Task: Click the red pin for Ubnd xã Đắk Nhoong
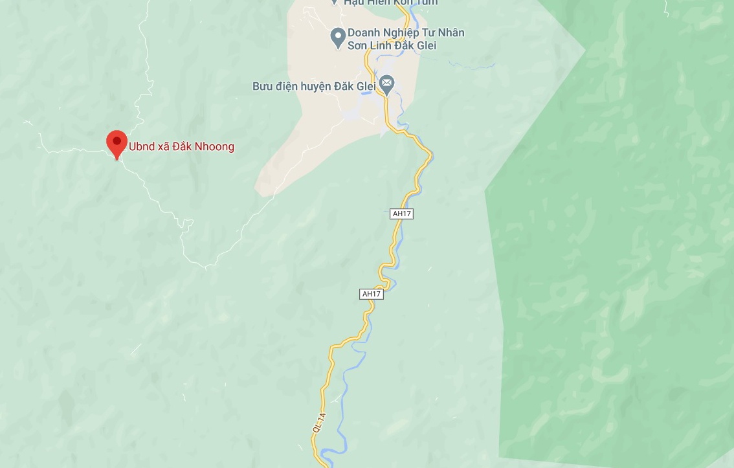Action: coord(117,141)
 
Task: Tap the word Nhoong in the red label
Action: coord(214,147)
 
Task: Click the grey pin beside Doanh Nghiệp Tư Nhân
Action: coord(337,38)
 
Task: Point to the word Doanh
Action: coord(362,32)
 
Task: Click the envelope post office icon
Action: coord(386,83)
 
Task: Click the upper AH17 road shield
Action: coord(401,214)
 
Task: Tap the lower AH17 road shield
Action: coord(372,294)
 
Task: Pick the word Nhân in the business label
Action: coord(452,32)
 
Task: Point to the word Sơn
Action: coord(357,45)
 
